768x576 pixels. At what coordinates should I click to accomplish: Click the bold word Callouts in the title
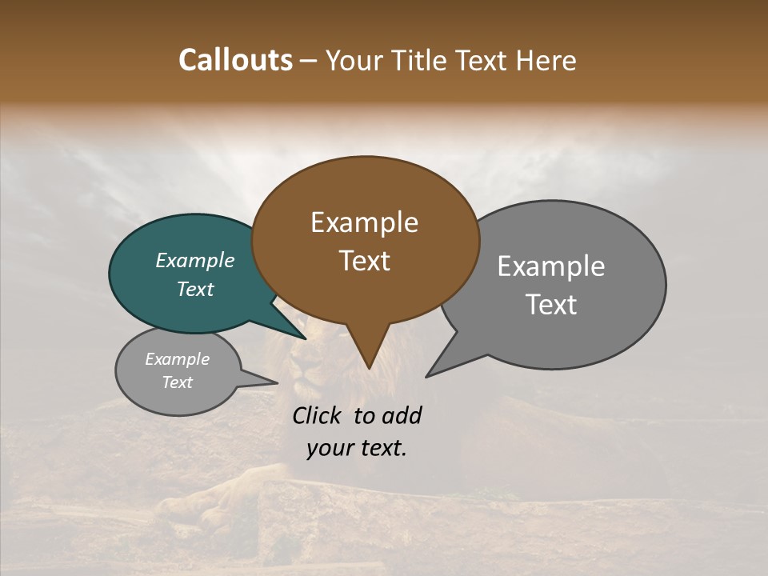(235, 60)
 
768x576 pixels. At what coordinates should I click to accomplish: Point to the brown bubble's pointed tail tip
(368, 367)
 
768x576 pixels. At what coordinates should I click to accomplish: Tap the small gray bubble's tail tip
(277, 382)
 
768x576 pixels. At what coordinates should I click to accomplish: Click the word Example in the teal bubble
(195, 260)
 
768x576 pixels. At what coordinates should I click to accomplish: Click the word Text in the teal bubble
(195, 289)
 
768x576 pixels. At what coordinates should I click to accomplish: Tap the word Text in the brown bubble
(365, 260)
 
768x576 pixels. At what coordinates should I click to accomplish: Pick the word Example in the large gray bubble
(551, 266)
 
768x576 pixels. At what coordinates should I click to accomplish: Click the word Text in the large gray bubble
(551, 304)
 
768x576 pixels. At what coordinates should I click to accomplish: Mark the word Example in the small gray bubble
(178, 359)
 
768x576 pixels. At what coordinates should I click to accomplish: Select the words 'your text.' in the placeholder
(357, 448)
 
